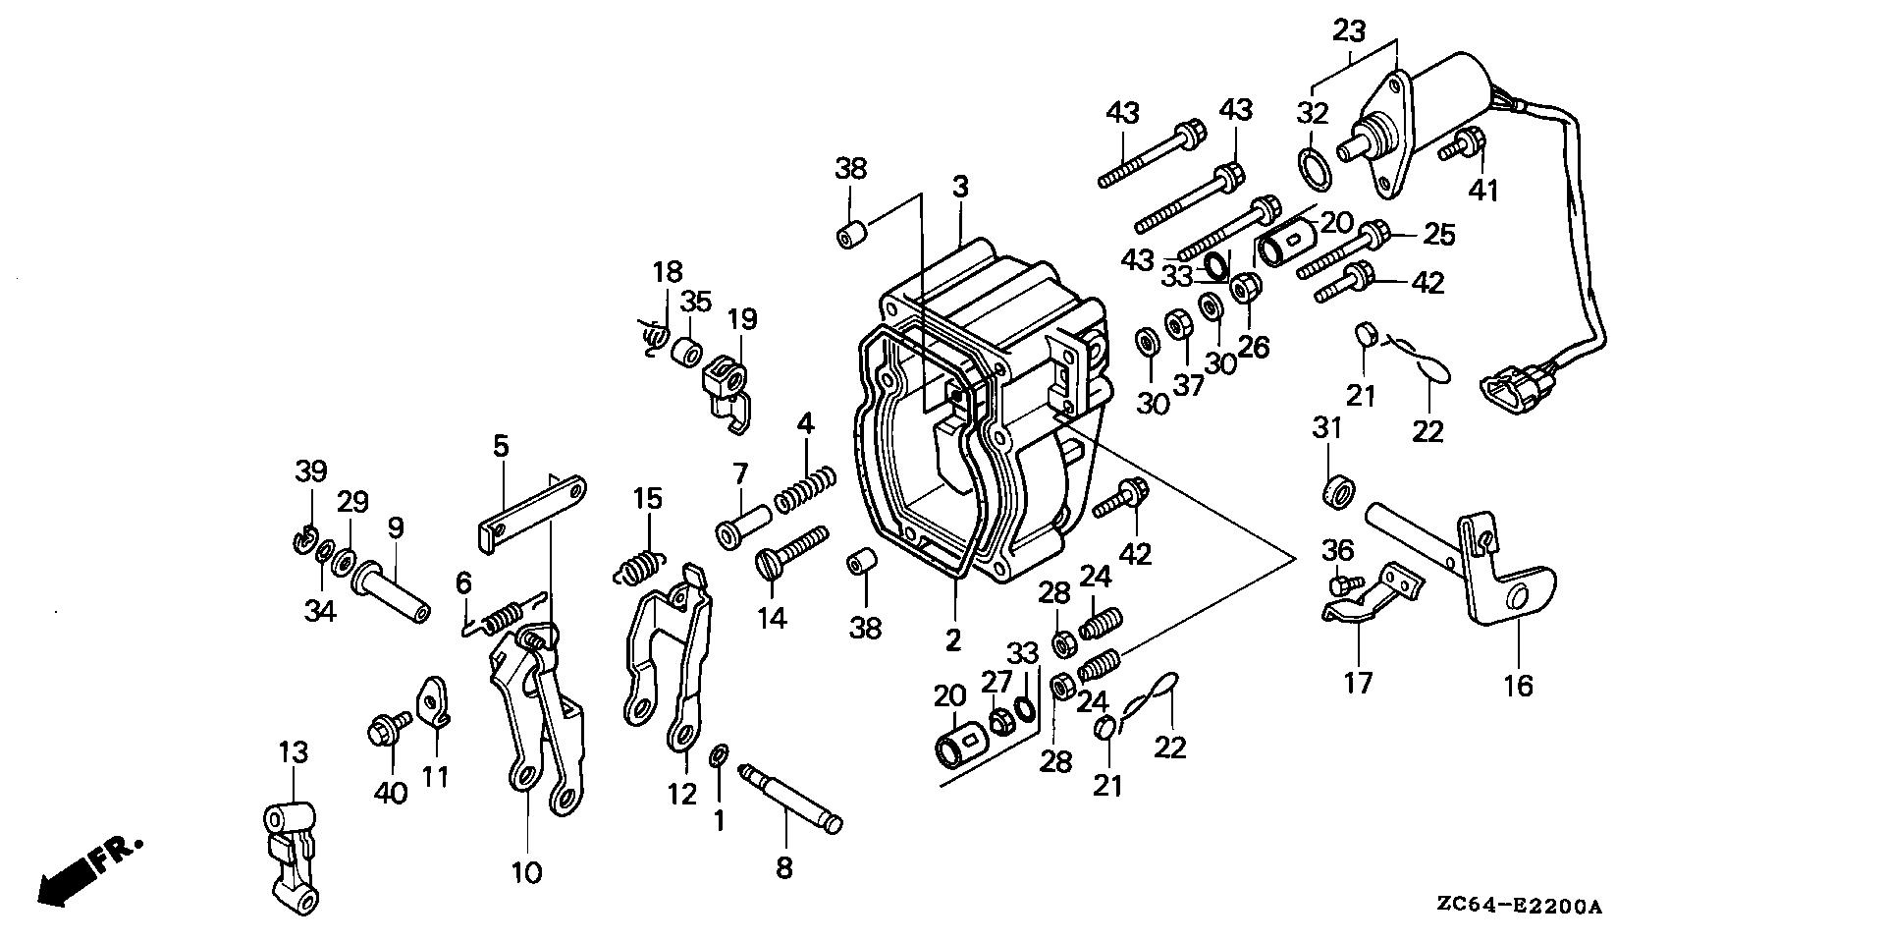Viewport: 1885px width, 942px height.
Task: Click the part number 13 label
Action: (x=293, y=753)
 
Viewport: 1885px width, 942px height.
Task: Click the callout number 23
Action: (x=1349, y=31)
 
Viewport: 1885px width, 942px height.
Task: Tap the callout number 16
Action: (x=1518, y=685)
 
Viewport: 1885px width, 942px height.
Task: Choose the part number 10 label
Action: (x=526, y=871)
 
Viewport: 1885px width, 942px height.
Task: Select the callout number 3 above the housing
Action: (x=959, y=186)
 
